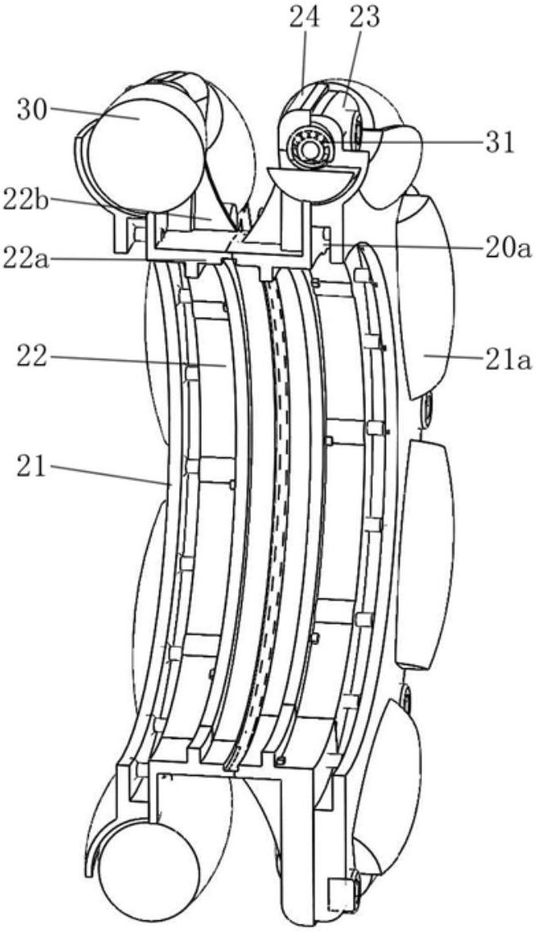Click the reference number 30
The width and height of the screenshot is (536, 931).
coord(32,110)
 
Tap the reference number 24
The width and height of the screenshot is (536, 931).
coord(305,18)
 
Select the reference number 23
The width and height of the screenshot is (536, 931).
coord(364,18)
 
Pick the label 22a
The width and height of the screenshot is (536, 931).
coord(25,259)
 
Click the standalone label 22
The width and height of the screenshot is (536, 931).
coord(32,359)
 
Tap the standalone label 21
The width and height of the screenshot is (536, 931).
coord(31,467)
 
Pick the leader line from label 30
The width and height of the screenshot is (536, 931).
coord(94,112)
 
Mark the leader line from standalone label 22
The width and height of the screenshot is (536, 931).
coord(138,361)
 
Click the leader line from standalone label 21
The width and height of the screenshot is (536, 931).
coord(111,475)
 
